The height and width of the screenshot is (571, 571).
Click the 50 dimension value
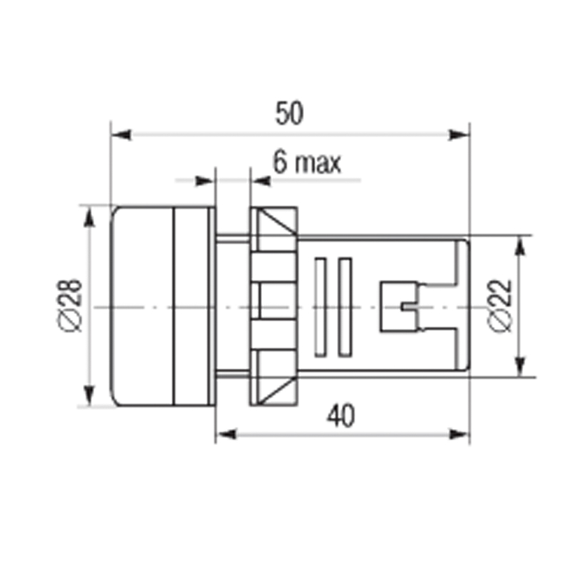click(x=289, y=113)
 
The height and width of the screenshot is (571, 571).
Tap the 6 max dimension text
click(x=307, y=163)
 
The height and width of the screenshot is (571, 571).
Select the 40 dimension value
click(x=340, y=415)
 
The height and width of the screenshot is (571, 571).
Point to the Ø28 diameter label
click(x=69, y=305)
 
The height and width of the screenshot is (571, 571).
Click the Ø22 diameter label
click(x=500, y=306)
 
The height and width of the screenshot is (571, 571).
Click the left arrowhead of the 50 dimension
click(x=121, y=135)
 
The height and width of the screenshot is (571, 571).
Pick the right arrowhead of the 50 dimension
click(x=458, y=135)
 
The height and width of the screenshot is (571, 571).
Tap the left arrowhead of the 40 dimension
click(x=226, y=434)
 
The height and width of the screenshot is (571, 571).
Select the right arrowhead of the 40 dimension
click(x=458, y=434)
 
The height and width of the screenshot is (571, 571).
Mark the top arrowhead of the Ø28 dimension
click(x=89, y=218)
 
